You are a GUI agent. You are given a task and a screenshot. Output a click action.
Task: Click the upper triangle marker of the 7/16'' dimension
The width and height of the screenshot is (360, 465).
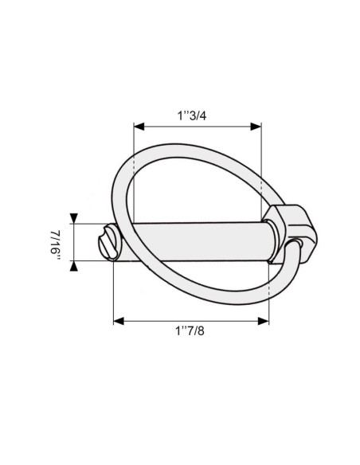point(74,218)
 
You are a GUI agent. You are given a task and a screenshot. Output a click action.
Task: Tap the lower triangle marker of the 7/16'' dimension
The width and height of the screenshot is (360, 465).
point(74,266)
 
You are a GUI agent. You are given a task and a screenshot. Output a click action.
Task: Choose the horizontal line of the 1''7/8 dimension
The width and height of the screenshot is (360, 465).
point(191,321)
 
